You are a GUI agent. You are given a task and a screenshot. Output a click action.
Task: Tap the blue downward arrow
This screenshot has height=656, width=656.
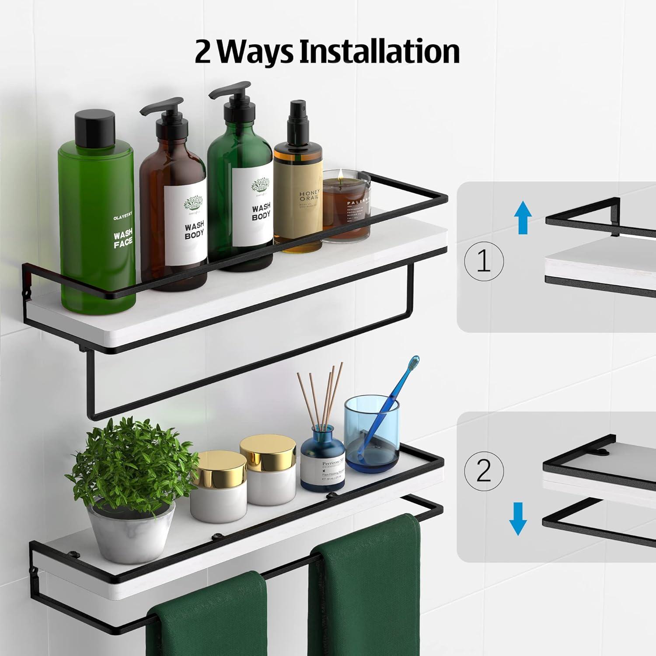click(x=518, y=519)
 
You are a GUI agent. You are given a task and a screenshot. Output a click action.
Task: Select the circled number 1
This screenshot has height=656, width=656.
click(x=484, y=262)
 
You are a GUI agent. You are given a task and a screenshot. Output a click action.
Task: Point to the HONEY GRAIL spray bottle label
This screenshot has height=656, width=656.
click(x=309, y=196)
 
